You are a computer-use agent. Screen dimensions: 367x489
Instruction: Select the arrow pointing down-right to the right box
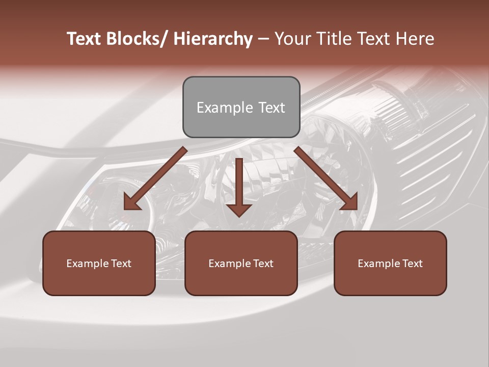[x=326, y=179]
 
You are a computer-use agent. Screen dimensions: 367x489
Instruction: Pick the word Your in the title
[x=292, y=39]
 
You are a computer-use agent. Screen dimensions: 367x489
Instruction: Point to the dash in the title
[x=263, y=39]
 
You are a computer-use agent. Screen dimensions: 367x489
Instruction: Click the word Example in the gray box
[x=225, y=108]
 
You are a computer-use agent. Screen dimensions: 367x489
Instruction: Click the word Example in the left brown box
[x=88, y=264]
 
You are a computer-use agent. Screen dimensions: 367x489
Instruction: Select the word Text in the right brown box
[x=412, y=264]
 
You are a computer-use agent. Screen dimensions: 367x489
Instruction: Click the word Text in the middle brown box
[x=263, y=264]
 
